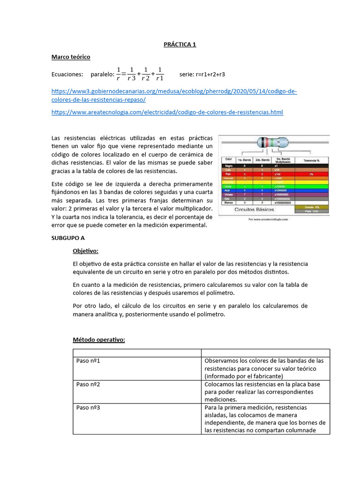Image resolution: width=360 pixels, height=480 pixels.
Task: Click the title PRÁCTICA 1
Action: point(180,45)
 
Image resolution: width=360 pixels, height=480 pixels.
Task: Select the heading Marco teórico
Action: point(70,57)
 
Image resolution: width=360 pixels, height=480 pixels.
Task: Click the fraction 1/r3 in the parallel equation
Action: point(132,74)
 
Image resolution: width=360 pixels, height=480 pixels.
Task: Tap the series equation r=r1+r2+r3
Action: point(202,74)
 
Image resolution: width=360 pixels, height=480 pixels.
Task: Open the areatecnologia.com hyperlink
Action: point(167,112)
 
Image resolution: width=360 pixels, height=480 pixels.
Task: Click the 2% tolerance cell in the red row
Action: point(311,174)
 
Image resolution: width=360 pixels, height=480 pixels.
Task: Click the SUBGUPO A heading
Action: point(67,238)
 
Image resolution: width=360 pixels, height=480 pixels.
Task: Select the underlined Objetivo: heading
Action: point(85,251)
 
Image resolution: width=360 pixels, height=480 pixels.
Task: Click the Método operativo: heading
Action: point(99,340)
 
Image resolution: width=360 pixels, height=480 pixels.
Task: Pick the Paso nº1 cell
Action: point(89,361)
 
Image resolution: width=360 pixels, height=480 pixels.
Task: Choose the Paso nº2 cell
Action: point(89,384)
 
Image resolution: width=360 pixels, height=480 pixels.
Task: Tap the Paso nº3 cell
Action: point(89,407)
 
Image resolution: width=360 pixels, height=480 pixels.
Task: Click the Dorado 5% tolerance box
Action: point(312,207)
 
